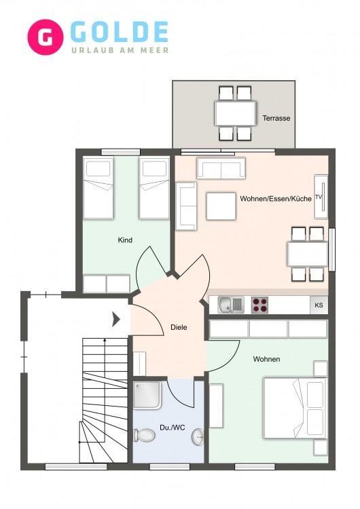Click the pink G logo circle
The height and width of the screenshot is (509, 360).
(x=45, y=37)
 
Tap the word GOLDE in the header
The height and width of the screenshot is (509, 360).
(x=120, y=32)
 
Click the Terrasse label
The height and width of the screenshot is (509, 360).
(x=276, y=118)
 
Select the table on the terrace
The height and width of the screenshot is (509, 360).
(x=235, y=113)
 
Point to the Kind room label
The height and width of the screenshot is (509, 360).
(x=125, y=240)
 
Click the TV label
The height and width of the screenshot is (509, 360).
(x=318, y=197)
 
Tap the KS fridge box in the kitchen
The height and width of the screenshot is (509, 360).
(x=319, y=305)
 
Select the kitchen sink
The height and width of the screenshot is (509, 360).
(x=231, y=305)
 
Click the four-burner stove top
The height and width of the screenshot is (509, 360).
(x=259, y=305)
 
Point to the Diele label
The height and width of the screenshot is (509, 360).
(x=179, y=327)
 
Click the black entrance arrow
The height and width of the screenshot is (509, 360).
(x=116, y=319)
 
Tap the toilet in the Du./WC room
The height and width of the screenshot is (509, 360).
(x=144, y=435)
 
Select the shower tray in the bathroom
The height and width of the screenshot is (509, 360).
(x=147, y=395)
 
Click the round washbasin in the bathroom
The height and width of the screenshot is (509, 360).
(x=198, y=437)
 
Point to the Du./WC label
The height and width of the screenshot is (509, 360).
(x=173, y=428)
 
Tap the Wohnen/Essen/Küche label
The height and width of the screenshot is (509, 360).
(x=276, y=199)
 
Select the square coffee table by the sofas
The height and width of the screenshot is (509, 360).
(x=221, y=206)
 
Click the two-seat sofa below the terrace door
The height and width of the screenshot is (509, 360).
(x=221, y=168)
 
